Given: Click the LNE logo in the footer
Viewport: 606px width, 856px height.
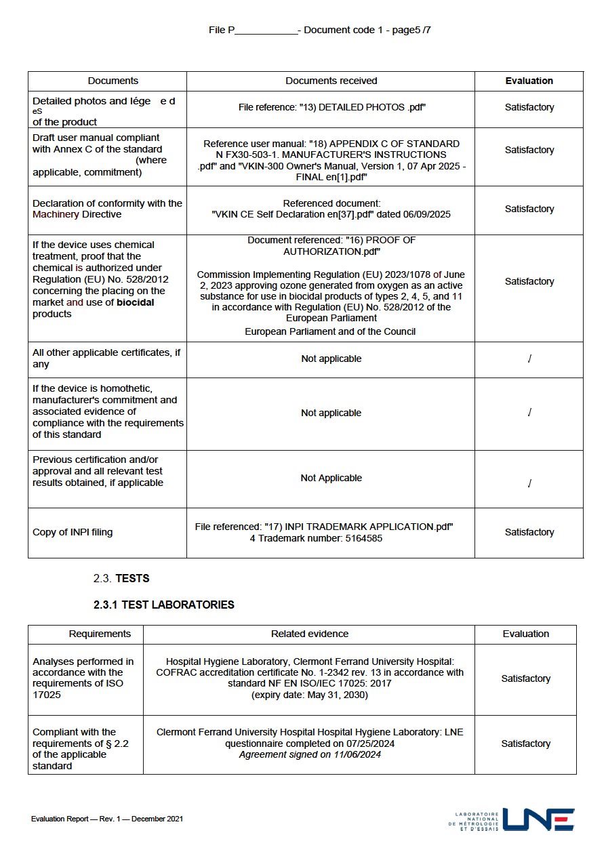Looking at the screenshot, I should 539,819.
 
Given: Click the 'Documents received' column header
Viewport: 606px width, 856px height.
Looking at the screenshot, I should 331,81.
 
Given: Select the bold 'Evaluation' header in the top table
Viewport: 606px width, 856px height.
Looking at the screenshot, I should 529,81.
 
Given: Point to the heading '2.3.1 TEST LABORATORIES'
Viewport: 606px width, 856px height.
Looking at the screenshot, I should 164,605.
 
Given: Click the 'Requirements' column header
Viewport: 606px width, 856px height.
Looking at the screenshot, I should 100,634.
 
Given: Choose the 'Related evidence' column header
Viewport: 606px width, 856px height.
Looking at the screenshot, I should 309,634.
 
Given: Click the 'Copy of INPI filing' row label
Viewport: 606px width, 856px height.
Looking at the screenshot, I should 73,532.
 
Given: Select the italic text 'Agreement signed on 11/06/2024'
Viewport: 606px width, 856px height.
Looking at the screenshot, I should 310,754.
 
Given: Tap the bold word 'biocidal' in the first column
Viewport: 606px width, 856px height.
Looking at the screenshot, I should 135,302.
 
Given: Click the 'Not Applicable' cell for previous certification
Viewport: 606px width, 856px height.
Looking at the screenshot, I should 331,478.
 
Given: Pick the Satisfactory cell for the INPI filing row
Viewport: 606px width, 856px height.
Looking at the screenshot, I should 529,532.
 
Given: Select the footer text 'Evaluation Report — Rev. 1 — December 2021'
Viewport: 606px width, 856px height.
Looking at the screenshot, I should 107,819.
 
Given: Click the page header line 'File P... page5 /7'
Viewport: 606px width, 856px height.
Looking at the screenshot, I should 320,30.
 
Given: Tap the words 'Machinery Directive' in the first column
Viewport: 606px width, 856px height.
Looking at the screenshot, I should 77,214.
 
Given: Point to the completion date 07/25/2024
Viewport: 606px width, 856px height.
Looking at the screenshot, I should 372,743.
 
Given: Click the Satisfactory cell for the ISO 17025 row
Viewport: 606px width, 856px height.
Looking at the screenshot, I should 525,678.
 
